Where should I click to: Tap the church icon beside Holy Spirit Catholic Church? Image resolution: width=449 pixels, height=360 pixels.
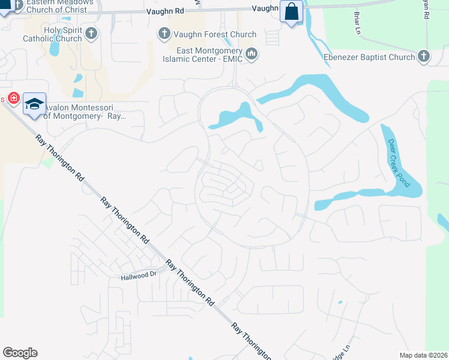tap(91, 32)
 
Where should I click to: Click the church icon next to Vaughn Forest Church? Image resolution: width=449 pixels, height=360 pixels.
tap(163, 34)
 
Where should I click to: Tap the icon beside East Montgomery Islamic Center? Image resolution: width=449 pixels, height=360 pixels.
tap(252, 55)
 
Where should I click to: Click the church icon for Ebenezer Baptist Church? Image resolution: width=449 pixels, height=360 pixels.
tap(424, 57)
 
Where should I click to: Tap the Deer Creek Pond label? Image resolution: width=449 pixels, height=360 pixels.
tap(398, 163)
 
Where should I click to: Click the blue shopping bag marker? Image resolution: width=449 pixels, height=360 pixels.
tap(292, 13)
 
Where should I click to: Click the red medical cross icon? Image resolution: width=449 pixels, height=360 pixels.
tap(12, 98)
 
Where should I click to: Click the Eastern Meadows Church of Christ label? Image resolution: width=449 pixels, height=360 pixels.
tap(57, 5)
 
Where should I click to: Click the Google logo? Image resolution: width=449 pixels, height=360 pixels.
tap(20, 353)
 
